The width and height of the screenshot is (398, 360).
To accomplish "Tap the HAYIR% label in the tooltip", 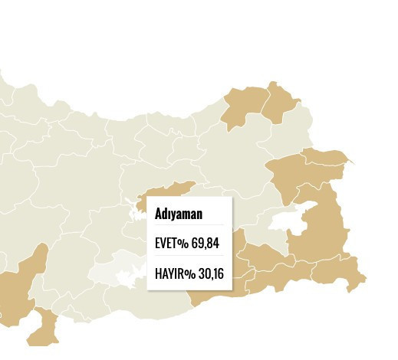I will pyautogui.click(x=172, y=272).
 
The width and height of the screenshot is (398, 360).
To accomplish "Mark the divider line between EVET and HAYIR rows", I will pyautogui.click(x=189, y=257).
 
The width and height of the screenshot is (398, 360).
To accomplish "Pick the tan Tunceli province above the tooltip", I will pyautogui.click(x=170, y=191).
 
